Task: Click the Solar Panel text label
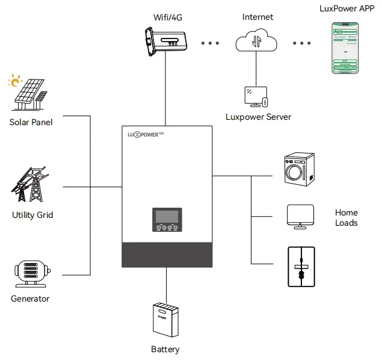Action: click(x=31, y=122)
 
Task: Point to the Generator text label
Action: click(x=30, y=299)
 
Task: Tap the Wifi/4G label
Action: click(x=167, y=17)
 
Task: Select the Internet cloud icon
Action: click(x=257, y=42)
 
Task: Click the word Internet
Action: click(x=257, y=17)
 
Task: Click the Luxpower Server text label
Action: click(x=258, y=117)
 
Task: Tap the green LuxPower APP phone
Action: click(x=345, y=48)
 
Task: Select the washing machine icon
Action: click(x=298, y=170)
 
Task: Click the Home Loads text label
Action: click(x=346, y=217)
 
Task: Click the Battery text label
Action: click(x=165, y=349)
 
